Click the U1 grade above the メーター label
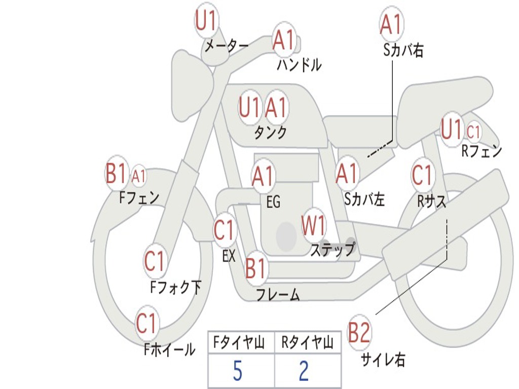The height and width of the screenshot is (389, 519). coord(206,22)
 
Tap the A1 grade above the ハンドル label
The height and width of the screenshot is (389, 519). coord(283,40)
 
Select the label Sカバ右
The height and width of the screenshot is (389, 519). coord(403,50)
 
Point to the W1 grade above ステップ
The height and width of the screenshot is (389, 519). coord(314,226)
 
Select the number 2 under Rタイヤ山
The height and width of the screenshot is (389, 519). coord(304,371)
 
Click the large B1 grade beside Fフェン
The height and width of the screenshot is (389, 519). coord(116,174)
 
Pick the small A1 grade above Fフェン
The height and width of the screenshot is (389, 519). coord(138,176)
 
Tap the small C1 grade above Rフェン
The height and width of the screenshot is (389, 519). coord(473,132)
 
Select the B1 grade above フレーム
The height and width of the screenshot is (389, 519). coord(255,269)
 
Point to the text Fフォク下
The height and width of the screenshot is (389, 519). coord(176,288)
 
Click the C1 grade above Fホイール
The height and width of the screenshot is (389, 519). coord(147,324)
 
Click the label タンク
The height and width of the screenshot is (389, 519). coord(270,133)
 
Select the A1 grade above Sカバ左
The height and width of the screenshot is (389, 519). coord(347,174)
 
